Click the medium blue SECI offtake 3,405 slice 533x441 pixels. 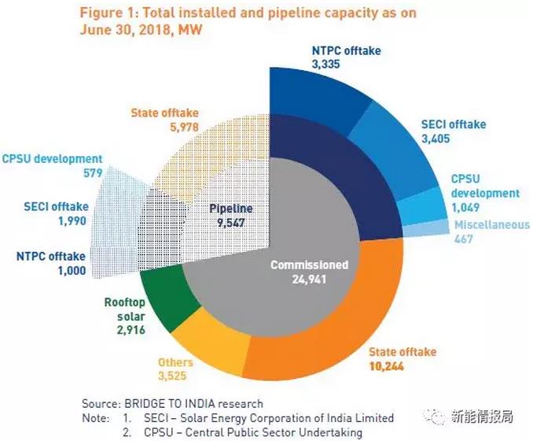coord(393,150)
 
